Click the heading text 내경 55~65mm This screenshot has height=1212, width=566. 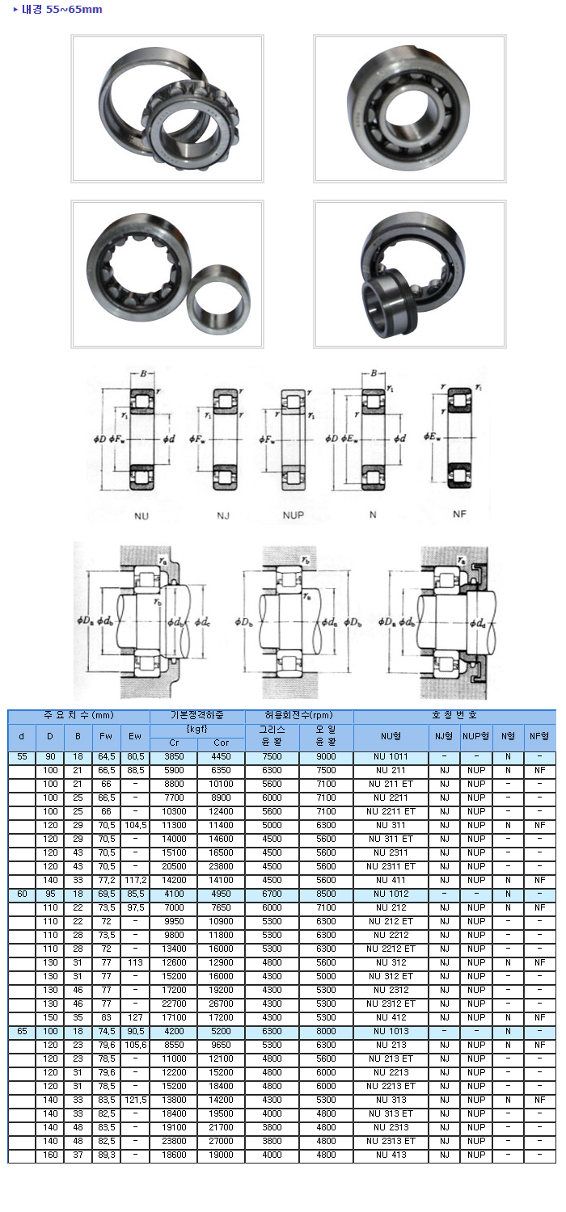tap(61, 9)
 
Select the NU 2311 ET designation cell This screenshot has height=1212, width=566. tap(391, 866)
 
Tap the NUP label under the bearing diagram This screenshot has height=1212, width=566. tap(293, 516)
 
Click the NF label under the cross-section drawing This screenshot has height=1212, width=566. tap(459, 514)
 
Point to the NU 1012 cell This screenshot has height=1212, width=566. tap(391, 894)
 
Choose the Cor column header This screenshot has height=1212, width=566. tap(221, 743)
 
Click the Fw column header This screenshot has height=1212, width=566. tap(106, 736)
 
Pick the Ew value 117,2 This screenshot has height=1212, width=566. tap(135, 881)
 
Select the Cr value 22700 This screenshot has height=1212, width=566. tap(174, 1004)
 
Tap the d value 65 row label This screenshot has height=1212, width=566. tap(22, 1031)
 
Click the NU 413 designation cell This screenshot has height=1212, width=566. tap(391, 1155)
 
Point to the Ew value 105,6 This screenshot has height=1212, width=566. tap(135, 1045)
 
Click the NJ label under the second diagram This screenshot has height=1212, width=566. tap(223, 516)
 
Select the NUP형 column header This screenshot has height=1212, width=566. tap(475, 736)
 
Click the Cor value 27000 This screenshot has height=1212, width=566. tap(221, 1141)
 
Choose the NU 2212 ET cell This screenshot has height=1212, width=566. tap(391, 949)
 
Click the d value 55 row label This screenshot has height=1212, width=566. tap(22, 756)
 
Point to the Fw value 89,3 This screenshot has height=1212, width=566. tap(106, 1155)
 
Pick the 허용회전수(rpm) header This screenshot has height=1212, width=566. tap(299, 715)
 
